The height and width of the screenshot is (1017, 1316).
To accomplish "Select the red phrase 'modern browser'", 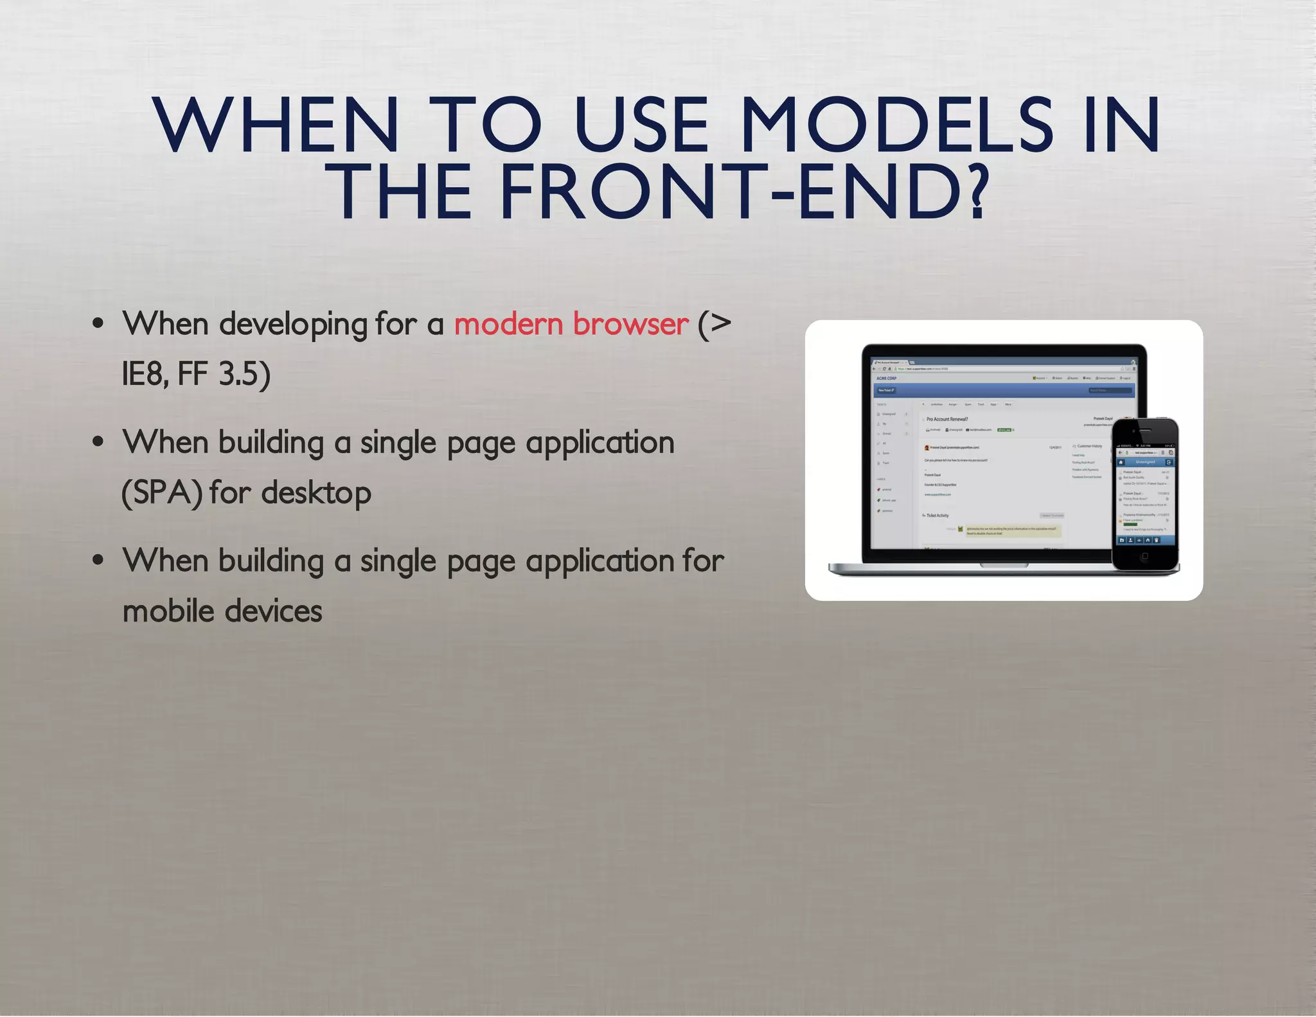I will [571, 324].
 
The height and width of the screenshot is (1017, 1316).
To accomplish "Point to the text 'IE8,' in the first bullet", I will [145, 374].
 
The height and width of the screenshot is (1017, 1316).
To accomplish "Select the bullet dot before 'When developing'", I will [98, 324].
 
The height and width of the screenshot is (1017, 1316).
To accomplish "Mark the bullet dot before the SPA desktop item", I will [98, 442].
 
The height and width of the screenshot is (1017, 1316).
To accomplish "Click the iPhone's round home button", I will [1144, 557].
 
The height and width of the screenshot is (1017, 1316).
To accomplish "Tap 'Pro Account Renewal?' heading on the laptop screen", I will [947, 419].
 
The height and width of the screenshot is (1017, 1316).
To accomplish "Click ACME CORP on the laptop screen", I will [886, 378].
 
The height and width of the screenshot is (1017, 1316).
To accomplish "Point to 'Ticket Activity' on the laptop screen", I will [937, 516].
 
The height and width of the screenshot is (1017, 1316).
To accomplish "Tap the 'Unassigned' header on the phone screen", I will [1145, 462].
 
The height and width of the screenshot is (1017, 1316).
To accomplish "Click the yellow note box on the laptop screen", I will [1013, 531].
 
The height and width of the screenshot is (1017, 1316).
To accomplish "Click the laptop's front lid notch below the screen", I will [1004, 566].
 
